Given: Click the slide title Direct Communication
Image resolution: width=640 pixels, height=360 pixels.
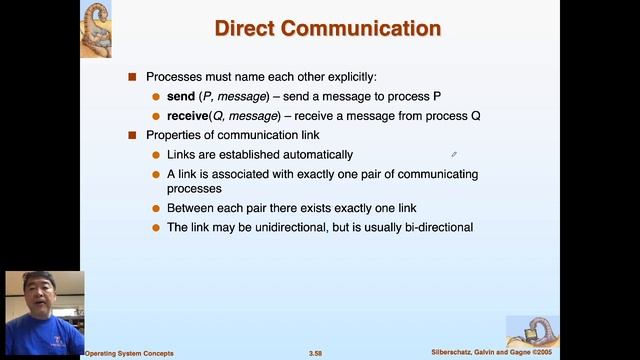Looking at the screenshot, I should click(x=327, y=28).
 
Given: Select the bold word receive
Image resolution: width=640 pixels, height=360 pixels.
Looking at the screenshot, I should click(x=192, y=116).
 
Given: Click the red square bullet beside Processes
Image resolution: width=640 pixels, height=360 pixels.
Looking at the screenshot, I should click(x=132, y=77).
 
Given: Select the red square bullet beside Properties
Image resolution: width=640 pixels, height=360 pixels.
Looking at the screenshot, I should click(x=132, y=135).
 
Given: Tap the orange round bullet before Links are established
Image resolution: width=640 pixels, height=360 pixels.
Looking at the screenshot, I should click(x=155, y=155).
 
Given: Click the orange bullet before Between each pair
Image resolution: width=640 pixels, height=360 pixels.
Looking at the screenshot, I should click(x=155, y=208).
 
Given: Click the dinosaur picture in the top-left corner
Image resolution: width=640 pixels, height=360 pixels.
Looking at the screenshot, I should click(x=96, y=28).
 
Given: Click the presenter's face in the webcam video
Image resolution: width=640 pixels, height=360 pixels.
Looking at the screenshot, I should click(x=42, y=299).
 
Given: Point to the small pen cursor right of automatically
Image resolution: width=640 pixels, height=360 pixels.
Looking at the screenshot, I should click(x=454, y=155).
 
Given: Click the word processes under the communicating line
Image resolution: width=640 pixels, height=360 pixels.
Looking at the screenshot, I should click(x=194, y=188).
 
